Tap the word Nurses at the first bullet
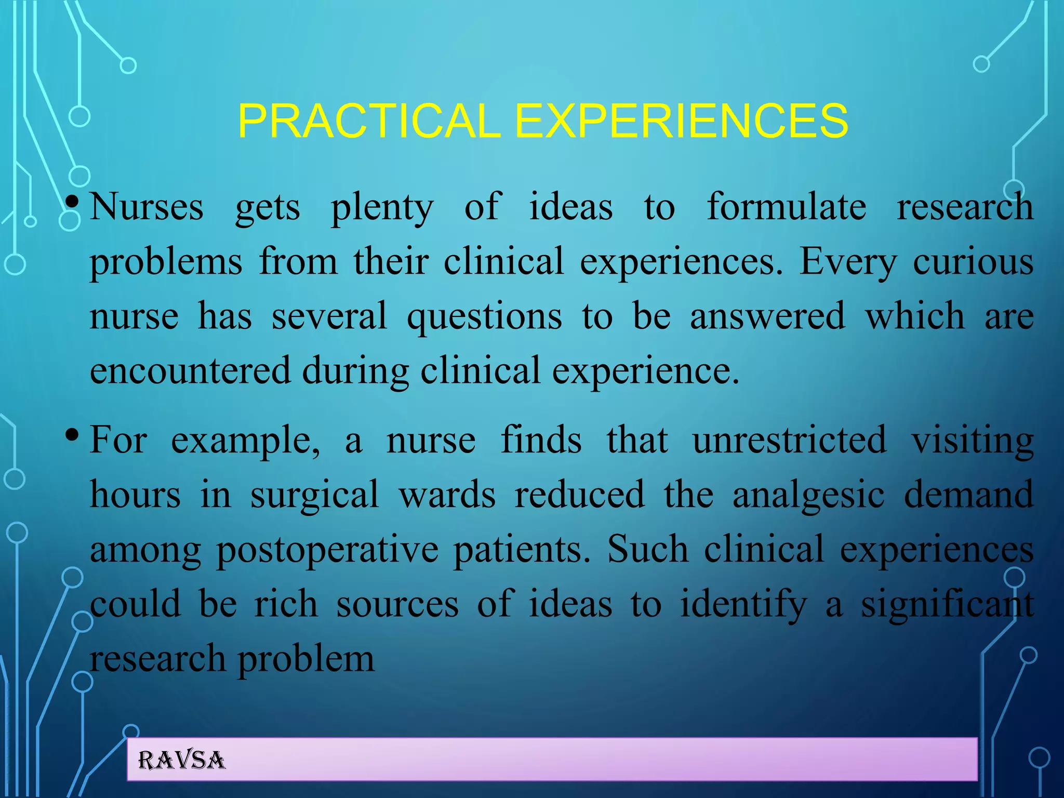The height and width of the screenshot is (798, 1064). coord(147,207)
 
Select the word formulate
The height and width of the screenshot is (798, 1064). coord(786,207)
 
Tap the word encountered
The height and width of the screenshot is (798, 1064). coord(190,370)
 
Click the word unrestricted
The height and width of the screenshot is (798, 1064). coord(790,440)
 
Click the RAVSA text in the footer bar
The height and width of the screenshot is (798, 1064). coord(182,761)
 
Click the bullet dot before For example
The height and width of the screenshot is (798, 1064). coord(73,433)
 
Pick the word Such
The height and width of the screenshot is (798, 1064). coord(648,549)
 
